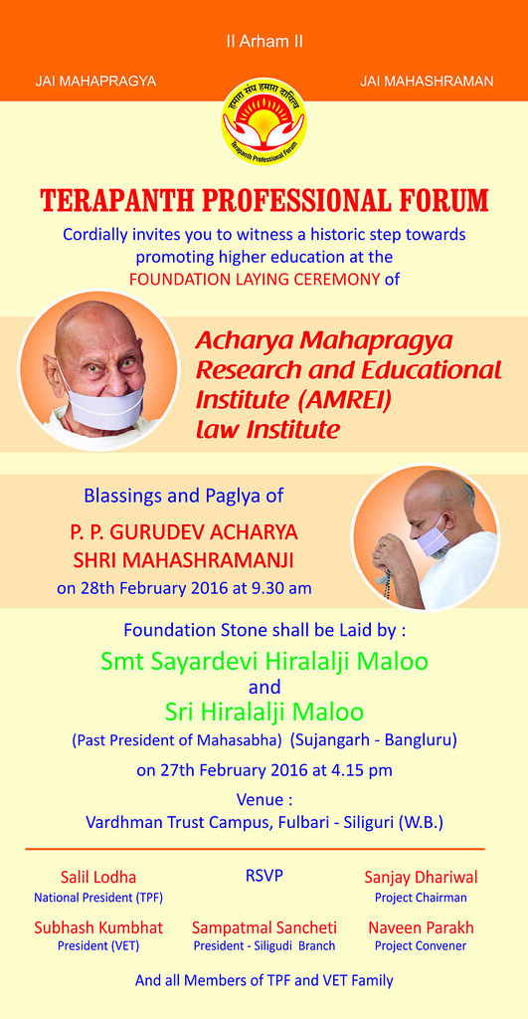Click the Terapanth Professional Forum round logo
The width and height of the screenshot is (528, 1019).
pyautogui.click(x=264, y=120)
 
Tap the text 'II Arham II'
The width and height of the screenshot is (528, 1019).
pyautogui.click(x=264, y=42)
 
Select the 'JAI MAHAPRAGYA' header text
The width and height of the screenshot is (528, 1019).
pyautogui.click(x=95, y=82)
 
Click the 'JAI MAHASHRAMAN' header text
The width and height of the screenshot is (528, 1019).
pyautogui.click(x=427, y=82)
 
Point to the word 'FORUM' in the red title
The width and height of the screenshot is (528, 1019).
pyautogui.click(x=444, y=201)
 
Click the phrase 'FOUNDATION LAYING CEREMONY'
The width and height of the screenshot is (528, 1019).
pyautogui.click(x=255, y=280)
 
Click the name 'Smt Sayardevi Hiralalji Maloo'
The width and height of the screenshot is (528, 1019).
pyautogui.click(x=264, y=662)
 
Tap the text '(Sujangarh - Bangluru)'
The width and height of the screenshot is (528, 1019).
pyautogui.click(x=374, y=740)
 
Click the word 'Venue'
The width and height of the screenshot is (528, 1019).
pyautogui.click(x=260, y=799)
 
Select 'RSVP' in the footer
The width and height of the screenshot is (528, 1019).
pyautogui.click(x=264, y=876)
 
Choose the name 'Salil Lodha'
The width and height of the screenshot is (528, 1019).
pyautogui.click(x=98, y=878)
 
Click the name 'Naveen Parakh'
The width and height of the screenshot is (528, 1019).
pyautogui.click(x=421, y=927)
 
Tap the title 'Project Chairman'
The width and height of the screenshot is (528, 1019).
pyautogui.click(x=421, y=898)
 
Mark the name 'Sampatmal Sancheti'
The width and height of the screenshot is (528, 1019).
pyautogui.click(x=264, y=927)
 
